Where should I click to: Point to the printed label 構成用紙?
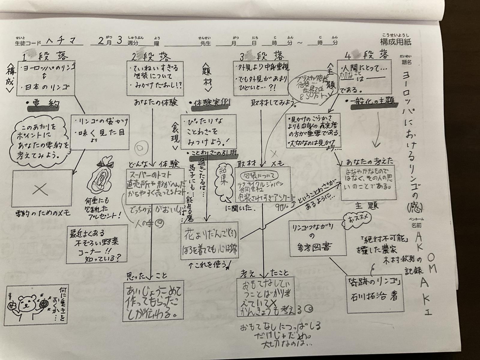tap(395, 42)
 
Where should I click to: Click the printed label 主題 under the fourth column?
tap(367, 206)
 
